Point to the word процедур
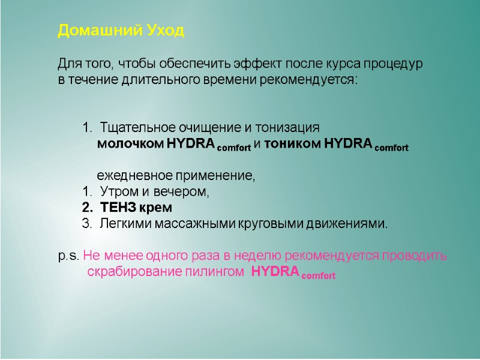pyautogui.click(x=394, y=64)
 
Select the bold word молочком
pyautogui.click(x=130, y=145)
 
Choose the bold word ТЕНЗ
pyautogui.click(x=118, y=208)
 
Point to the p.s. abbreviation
pyautogui.click(x=68, y=256)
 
